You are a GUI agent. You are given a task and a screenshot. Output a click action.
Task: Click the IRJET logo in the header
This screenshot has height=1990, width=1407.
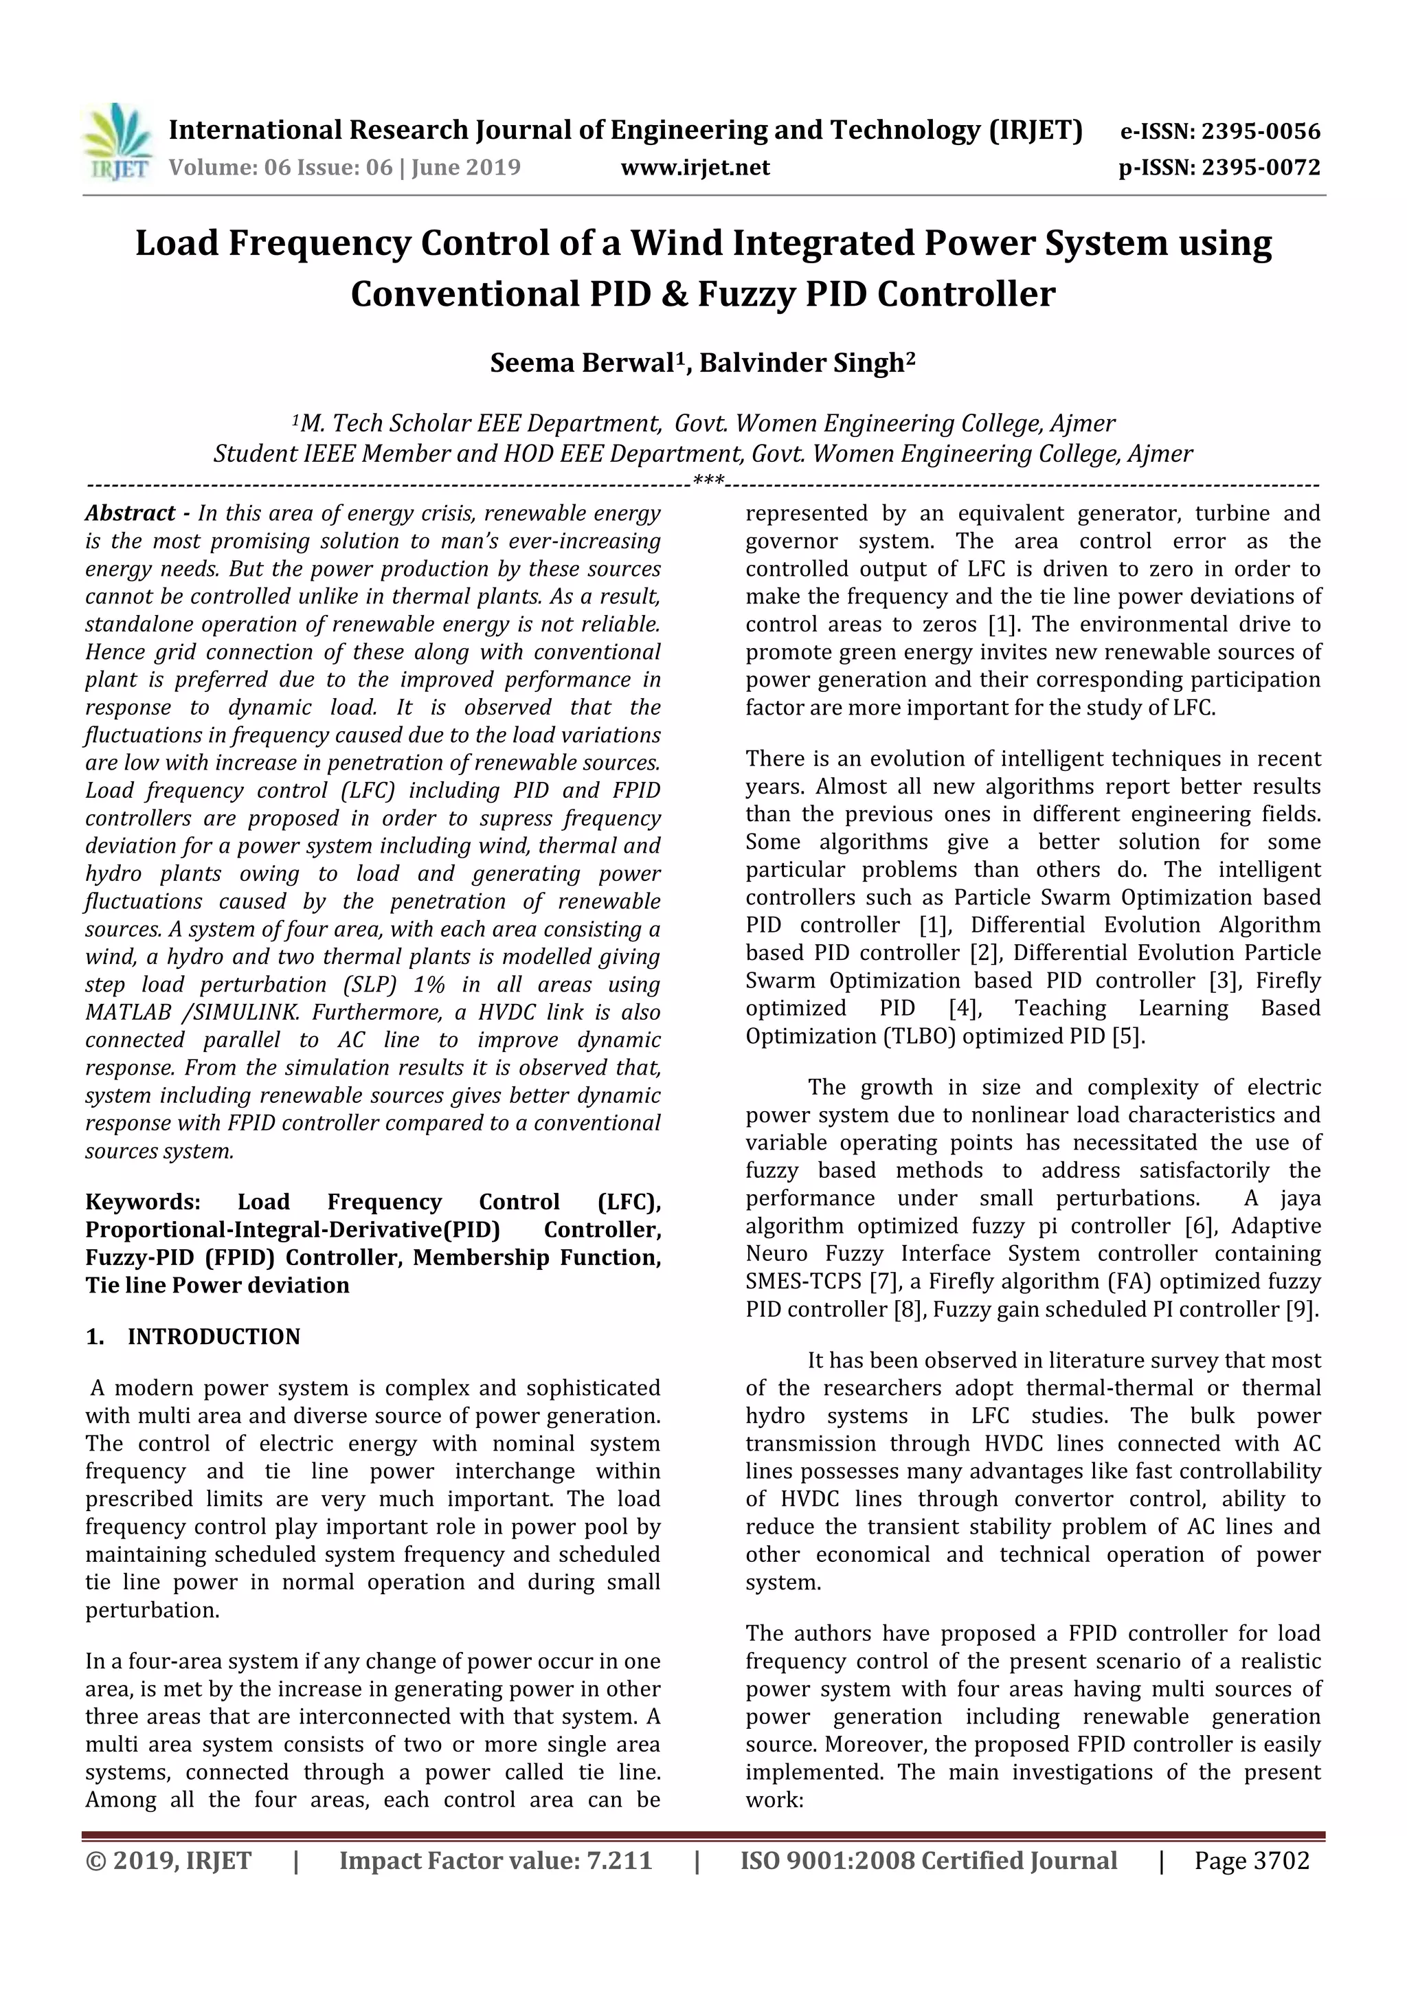[x=117, y=142]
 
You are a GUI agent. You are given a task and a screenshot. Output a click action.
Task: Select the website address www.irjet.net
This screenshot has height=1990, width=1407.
[x=695, y=167]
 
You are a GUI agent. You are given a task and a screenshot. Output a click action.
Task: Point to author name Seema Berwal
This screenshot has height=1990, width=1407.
[x=581, y=363]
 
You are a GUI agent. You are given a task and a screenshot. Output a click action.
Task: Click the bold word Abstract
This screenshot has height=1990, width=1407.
[x=130, y=513]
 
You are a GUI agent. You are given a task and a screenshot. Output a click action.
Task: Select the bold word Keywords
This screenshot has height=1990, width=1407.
[x=142, y=1202]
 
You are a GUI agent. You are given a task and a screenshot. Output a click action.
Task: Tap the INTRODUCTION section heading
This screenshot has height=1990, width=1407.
[x=213, y=1337]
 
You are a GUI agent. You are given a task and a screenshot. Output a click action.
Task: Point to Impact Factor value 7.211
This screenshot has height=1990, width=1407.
[x=618, y=1861]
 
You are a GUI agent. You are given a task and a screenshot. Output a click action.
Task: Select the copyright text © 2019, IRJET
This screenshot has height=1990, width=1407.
[x=168, y=1861]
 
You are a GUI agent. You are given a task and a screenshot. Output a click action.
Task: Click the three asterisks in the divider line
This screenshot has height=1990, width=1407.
[x=709, y=480]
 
